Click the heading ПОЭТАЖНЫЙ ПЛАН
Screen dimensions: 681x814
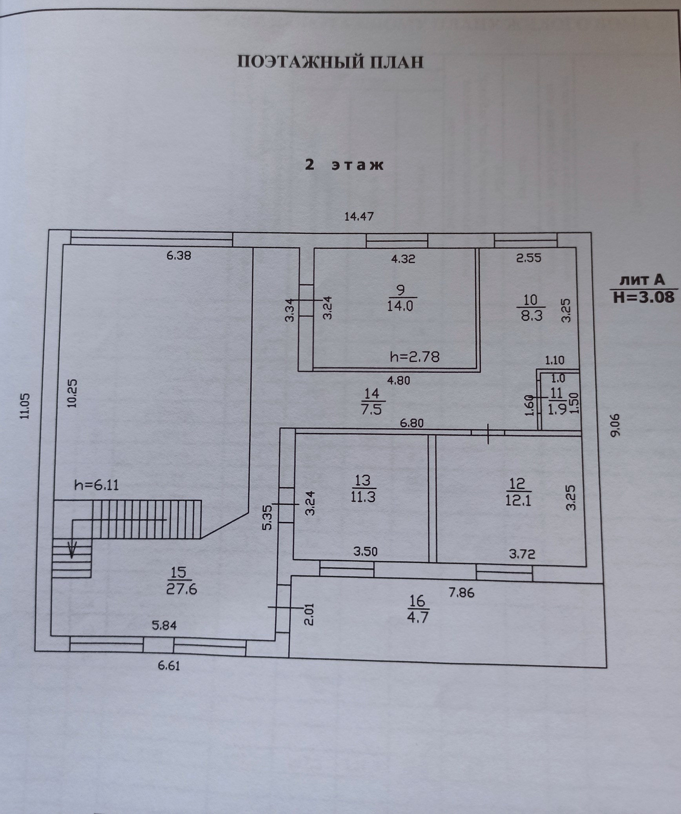(x=330, y=62)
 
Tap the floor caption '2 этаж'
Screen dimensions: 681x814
(x=344, y=165)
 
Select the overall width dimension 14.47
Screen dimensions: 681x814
(x=359, y=216)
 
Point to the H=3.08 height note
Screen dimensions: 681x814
(x=644, y=296)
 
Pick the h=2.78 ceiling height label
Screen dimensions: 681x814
(x=415, y=357)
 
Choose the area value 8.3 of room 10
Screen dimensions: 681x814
(x=532, y=315)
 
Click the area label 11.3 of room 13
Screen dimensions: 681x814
(x=363, y=497)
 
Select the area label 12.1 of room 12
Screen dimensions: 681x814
(x=518, y=501)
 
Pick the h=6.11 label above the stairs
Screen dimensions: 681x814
(x=97, y=485)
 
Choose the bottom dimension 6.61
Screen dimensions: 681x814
(x=168, y=666)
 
